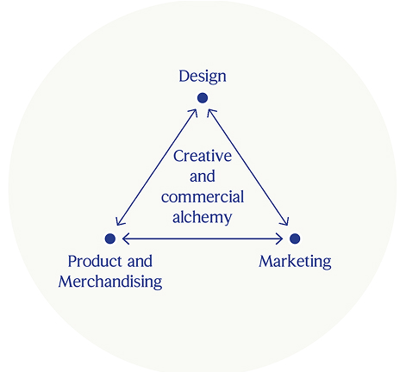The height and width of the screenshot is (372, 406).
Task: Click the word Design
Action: (x=203, y=77)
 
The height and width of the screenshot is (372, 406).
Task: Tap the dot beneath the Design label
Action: (x=203, y=98)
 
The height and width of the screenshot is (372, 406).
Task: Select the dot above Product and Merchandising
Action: (x=110, y=239)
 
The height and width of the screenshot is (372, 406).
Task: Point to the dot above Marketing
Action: (x=295, y=239)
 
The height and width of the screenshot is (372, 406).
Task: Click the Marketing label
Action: (x=295, y=262)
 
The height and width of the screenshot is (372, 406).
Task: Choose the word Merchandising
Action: (x=110, y=282)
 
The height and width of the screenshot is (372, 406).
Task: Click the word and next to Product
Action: (x=140, y=262)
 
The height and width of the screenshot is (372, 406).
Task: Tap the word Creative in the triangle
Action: (x=203, y=156)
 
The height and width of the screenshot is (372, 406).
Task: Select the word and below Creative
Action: (x=203, y=177)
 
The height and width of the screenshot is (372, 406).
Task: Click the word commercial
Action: (x=203, y=197)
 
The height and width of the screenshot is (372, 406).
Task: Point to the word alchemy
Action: (x=203, y=217)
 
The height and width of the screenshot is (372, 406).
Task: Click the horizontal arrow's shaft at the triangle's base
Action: (x=203, y=239)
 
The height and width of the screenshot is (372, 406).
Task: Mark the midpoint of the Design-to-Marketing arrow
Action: (x=248, y=167)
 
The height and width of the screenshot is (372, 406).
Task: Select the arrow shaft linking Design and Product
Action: (x=157, y=167)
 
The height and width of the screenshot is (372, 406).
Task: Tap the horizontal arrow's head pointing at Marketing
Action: (x=279, y=239)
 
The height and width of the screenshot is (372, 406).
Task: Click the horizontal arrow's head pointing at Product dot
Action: (x=126, y=239)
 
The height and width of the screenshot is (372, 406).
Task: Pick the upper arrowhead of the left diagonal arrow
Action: (x=194, y=112)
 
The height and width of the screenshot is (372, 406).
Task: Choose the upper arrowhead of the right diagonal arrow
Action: (x=210, y=112)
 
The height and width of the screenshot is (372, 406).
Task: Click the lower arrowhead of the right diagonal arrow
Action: (x=285, y=221)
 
